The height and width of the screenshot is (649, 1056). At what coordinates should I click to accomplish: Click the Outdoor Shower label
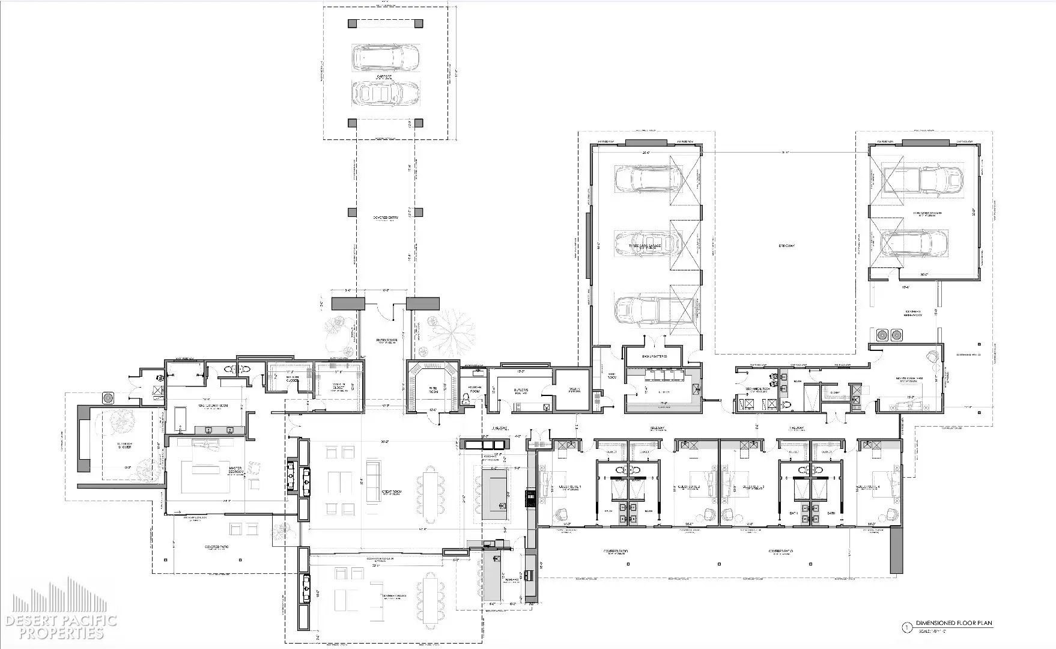[125, 445]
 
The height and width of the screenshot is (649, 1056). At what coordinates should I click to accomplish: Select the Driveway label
[786, 246]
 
